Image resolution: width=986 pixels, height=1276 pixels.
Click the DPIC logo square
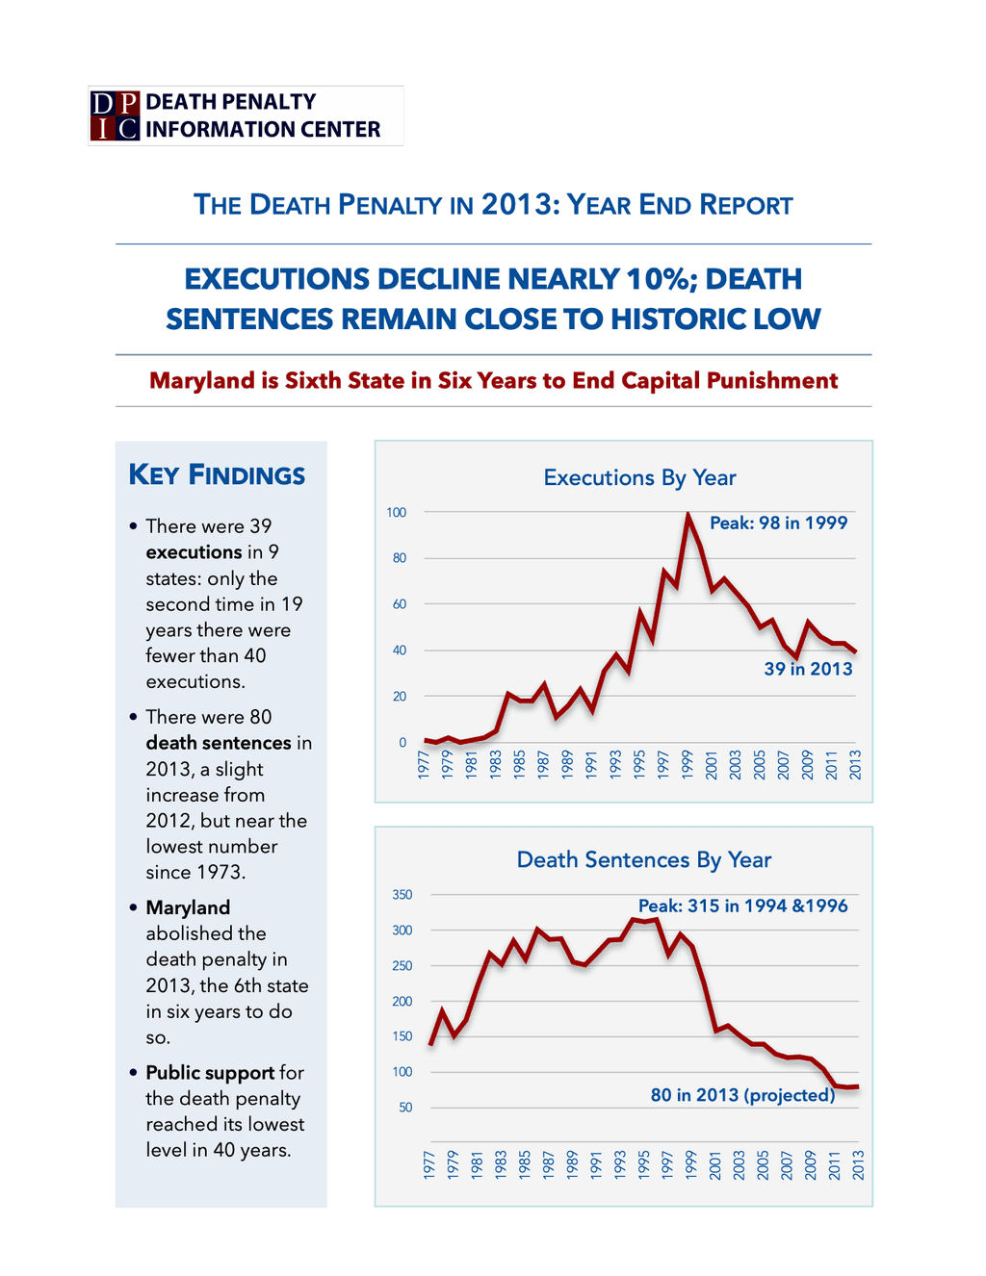click(x=115, y=115)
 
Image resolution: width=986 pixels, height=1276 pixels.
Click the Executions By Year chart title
click(x=639, y=478)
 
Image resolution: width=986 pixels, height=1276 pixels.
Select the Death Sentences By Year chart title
click(x=643, y=859)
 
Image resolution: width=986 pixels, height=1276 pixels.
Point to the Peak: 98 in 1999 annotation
click(x=778, y=523)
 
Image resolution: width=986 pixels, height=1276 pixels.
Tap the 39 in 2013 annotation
click(x=807, y=668)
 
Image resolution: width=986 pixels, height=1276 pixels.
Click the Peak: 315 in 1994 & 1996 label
click(x=742, y=906)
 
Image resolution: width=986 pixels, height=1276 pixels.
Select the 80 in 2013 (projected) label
click(x=742, y=1094)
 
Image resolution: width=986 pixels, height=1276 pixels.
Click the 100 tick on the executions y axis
click(x=396, y=513)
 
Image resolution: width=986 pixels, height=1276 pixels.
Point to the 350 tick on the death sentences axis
click(x=402, y=894)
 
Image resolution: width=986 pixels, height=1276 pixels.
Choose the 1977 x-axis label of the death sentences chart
click(x=429, y=1165)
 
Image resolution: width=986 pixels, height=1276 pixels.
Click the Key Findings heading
click(x=217, y=475)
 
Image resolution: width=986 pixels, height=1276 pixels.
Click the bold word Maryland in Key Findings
click(x=188, y=907)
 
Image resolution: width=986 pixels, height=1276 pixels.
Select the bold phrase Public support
click(x=210, y=1073)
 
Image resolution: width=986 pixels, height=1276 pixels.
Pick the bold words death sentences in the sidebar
click(x=219, y=743)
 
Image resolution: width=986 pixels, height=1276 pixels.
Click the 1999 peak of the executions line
click(x=688, y=516)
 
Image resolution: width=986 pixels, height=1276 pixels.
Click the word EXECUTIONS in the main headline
click(x=276, y=279)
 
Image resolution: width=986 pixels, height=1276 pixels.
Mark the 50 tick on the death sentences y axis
click(x=405, y=1108)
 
